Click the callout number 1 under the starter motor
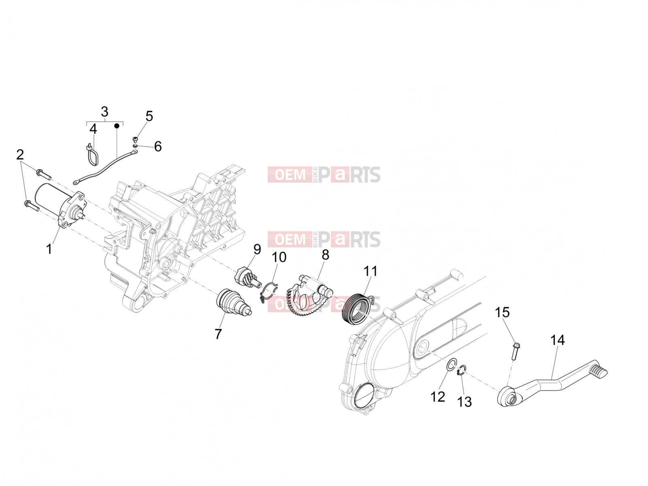click(49, 249)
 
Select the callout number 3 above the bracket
click(104, 112)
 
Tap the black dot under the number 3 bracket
click(117, 126)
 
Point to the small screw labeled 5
click(135, 139)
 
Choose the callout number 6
click(158, 146)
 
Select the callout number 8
click(325, 255)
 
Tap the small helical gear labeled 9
click(247, 278)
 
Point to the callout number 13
click(465, 402)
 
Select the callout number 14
click(557, 340)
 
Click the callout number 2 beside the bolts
click(20, 155)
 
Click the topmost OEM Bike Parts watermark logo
click(324, 175)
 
